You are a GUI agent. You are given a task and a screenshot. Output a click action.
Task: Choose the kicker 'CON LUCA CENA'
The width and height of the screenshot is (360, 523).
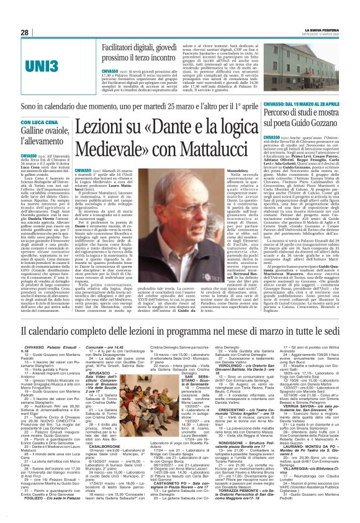tap(41, 122)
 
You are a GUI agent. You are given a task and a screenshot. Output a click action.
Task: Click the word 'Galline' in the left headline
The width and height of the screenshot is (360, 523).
tap(37, 132)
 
